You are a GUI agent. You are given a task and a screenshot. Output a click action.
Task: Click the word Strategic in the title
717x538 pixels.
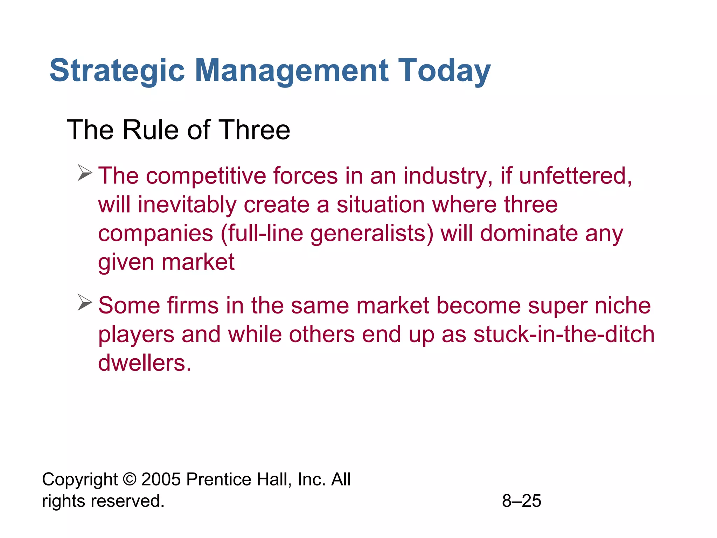pyautogui.click(x=117, y=71)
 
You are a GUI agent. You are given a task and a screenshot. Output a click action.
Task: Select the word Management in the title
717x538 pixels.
pyautogui.click(x=291, y=71)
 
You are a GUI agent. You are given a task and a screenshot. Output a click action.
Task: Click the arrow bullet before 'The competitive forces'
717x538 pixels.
pyautogui.click(x=84, y=173)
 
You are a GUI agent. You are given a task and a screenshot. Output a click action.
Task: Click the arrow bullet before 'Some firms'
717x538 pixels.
pyautogui.click(x=84, y=303)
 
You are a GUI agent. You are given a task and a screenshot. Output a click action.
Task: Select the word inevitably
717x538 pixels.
pyautogui.click(x=187, y=205)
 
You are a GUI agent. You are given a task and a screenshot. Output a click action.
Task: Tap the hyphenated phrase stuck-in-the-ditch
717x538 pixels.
pyautogui.click(x=564, y=334)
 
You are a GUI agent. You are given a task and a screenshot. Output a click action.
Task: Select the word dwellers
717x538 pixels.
pyautogui.click(x=145, y=363)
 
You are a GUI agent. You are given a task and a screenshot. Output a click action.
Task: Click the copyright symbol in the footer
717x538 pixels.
pyautogui.click(x=130, y=479)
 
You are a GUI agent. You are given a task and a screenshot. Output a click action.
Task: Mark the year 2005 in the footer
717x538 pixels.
pyautogui.click(x=161, y=479)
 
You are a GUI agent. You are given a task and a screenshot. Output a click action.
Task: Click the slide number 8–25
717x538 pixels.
pyautogui.click(x=521, y=501)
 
